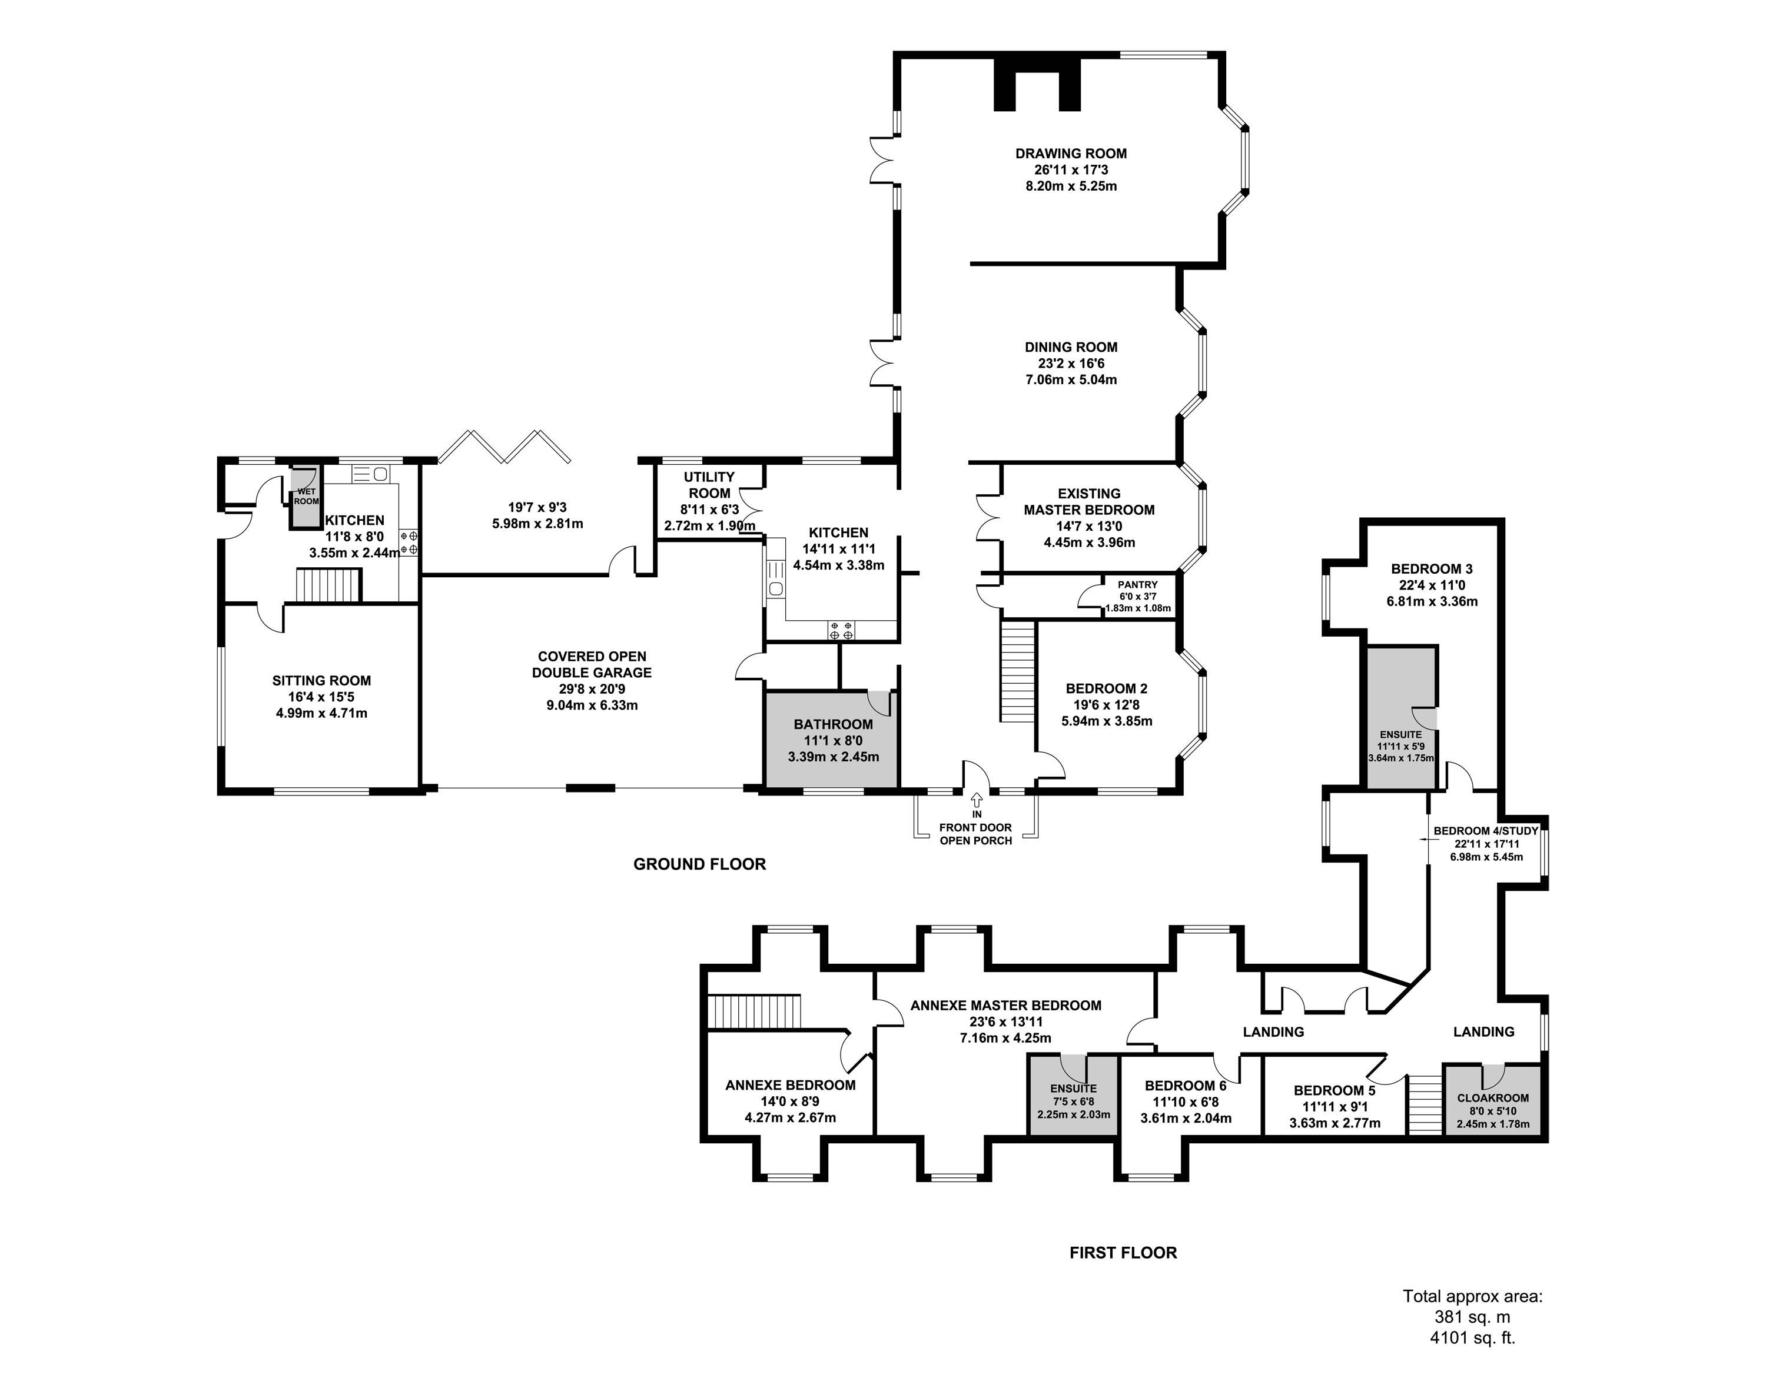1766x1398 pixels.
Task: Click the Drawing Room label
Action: point(1071,153)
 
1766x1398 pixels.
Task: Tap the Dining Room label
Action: point(1071,347)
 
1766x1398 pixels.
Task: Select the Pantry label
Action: point(1137,584)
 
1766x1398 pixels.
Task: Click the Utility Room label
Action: point(709,485)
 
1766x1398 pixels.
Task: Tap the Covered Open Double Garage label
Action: point(592,664)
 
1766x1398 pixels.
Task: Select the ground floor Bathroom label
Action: point(832,724)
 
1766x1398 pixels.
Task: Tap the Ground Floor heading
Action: point(699,864)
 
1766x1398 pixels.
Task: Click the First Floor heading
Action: point(1123,1252)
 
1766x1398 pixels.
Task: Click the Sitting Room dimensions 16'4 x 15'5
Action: point(321,697)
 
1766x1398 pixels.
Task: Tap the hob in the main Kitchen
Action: point(841,630)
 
